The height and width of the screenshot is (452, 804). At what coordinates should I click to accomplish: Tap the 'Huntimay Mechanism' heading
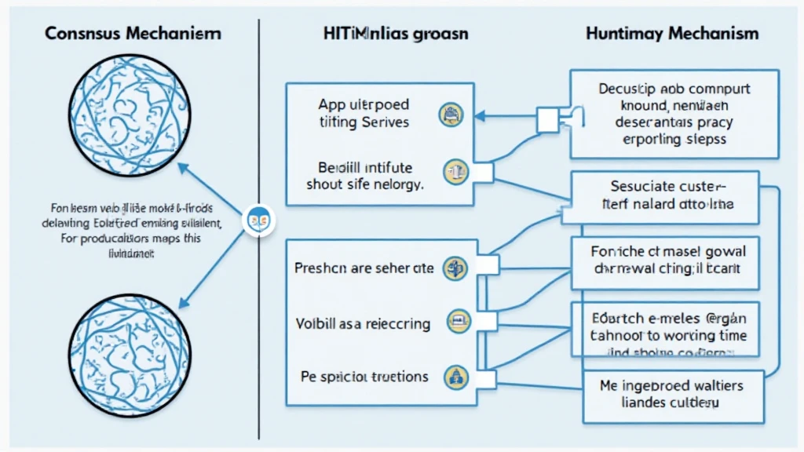click(x=672, y=34)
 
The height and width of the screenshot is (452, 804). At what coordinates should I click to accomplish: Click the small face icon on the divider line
click(x=258, y=219)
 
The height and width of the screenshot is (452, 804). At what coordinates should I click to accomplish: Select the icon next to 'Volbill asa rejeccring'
click(x=457, y=321)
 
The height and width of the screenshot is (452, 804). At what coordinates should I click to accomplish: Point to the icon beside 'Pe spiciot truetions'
click(x=453, y=375)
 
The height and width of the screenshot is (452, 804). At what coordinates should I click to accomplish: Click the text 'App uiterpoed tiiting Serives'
click(x=364, y=113)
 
